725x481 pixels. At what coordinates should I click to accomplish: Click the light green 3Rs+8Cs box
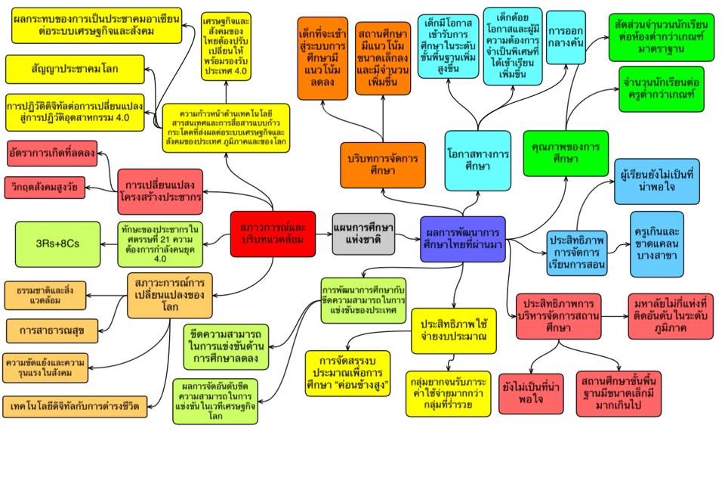tap(57, 244)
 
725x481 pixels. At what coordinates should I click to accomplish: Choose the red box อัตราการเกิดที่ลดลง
tap(52, 153)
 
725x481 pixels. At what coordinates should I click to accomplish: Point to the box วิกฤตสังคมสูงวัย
tap(45, 185)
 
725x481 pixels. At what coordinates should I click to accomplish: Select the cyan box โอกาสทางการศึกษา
tap(477, 160)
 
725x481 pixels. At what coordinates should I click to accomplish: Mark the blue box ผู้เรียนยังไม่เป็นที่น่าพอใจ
tap(657, 181)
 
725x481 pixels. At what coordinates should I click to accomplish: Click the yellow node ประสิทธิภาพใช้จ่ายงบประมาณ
tap(454, 330)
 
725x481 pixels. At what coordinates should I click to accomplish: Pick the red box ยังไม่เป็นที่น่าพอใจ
tap(531, 393)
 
